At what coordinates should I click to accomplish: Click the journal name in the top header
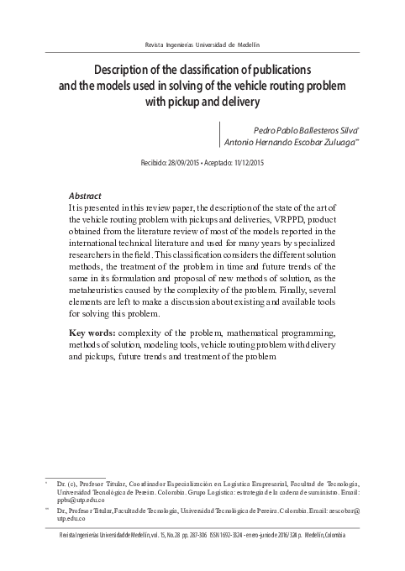(202, 44)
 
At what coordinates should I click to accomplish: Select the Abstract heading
(85, 192)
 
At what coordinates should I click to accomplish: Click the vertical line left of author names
(218, 137)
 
